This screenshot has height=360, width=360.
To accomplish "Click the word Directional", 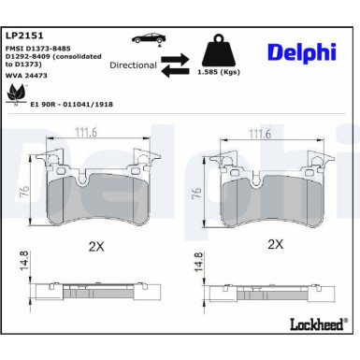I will (x=133, y=66).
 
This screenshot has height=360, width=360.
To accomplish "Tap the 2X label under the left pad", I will (x=98, y=246).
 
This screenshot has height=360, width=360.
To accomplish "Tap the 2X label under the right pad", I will (x=274, y=243).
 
